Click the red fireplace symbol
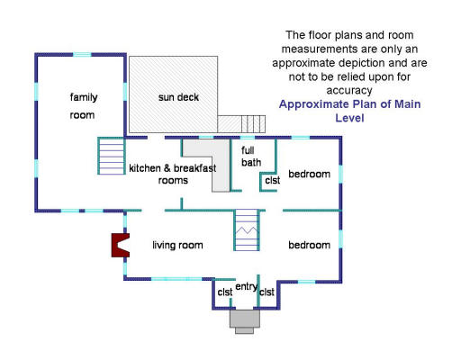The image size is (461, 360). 120,245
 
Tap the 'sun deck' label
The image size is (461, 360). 178,97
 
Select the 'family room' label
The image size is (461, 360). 83,106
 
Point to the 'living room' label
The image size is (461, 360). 177,245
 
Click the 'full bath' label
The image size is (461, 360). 251,157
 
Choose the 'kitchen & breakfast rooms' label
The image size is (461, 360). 173,174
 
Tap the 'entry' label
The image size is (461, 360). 247,287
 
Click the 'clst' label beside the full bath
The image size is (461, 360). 273,180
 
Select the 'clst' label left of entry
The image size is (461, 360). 225,292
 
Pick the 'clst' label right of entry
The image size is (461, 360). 267,292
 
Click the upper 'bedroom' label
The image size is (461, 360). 310,174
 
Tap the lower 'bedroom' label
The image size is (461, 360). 310,245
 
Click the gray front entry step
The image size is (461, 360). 245,321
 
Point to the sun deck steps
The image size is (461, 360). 253,124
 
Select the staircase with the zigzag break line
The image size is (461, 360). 247,230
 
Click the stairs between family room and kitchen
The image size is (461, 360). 111,156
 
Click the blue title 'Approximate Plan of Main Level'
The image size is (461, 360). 349,111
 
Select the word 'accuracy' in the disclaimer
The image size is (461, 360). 349,91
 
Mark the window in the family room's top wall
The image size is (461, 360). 82,55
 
